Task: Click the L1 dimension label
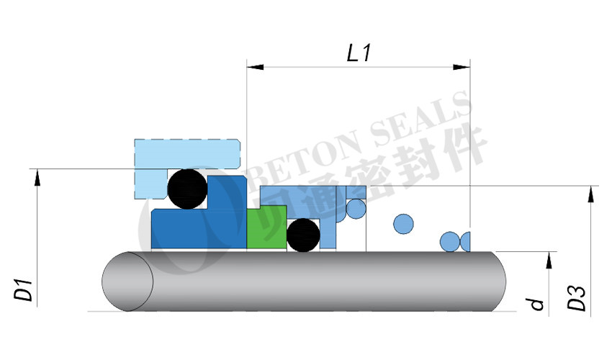click(359, 53)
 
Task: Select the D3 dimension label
click(577, 298)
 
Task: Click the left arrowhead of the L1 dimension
click(255, 67)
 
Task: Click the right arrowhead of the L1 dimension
click(462, 67)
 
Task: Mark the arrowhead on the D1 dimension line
click(37, 177)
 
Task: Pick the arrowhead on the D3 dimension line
click(591, 194)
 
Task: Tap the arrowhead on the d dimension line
click(549, 260)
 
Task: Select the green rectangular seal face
click(266, 229)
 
